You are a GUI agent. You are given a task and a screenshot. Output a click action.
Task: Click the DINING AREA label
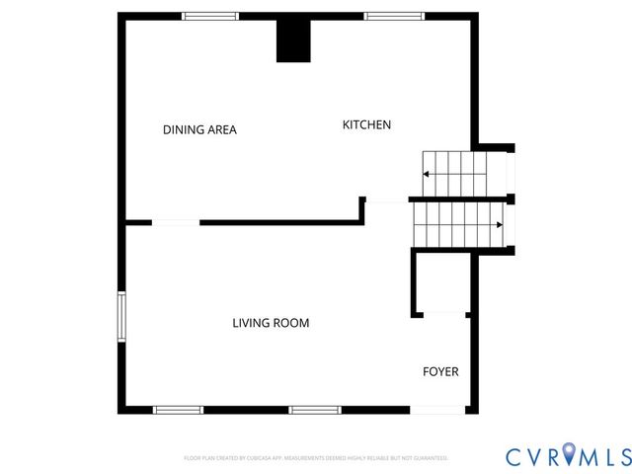coord(199,129)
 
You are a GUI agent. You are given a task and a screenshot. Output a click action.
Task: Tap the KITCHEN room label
coord(366,124)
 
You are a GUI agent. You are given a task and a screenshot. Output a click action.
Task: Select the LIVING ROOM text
coord(271,323)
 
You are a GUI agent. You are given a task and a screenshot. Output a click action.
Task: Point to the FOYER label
coord(440,371)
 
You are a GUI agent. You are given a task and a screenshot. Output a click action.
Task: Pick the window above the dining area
coord(210,16)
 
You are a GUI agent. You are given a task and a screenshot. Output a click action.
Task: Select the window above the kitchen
coord(394,16)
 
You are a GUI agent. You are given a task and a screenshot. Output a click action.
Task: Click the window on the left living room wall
coord(121,317)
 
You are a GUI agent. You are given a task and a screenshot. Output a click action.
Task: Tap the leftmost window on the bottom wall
coord(178,409)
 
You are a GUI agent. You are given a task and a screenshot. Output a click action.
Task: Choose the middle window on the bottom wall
coord(315,409)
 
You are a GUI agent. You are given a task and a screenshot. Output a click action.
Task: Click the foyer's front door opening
coord(437,409)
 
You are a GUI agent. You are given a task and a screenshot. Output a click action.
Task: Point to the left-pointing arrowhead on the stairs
coord(426,174)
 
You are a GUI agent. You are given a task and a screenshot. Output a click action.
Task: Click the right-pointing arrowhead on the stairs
coord(500,224)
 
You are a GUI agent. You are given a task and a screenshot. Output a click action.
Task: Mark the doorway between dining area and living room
coord(176,223)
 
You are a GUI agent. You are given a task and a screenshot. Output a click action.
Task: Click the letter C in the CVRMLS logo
coord(515,456)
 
